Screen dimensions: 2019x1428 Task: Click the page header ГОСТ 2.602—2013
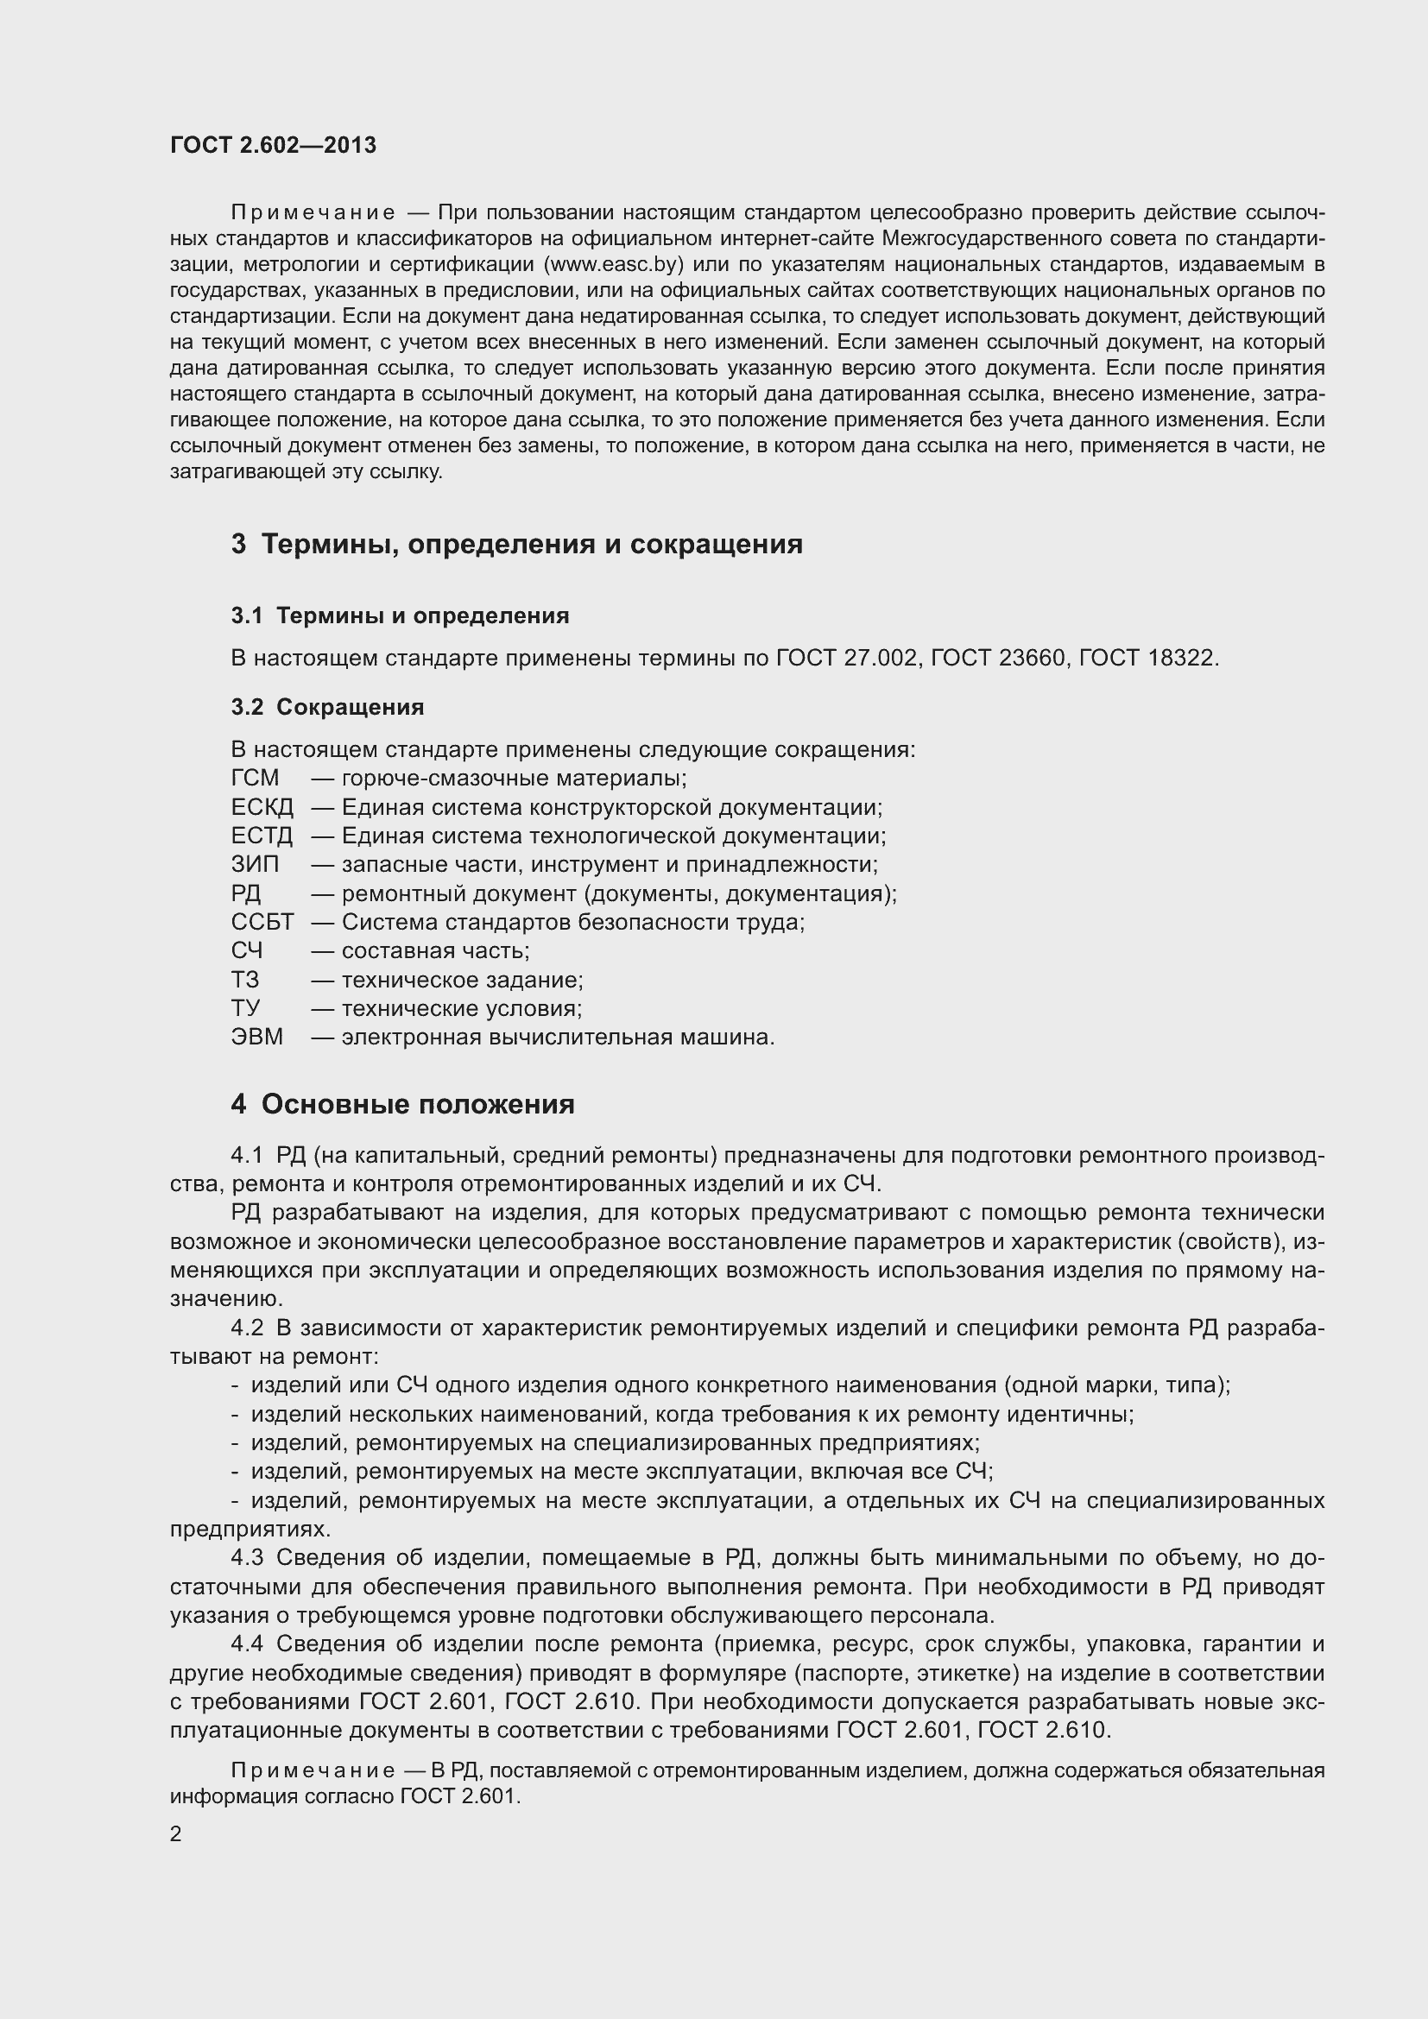pos(274,145)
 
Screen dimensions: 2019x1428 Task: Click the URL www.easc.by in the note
pos(614,265)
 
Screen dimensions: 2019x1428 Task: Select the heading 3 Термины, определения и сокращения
pos(517,545)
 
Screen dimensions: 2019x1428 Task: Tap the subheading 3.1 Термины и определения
pos(400,615)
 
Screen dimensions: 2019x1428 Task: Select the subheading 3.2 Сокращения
pos(327,707)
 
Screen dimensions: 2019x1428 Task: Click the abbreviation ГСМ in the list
pos(255,779)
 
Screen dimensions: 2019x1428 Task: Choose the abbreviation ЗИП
pos(255,864)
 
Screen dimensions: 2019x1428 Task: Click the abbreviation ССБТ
pos(262,923)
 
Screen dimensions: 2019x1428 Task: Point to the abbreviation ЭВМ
pos(256,1037)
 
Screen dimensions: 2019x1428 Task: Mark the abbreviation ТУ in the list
pos(245,1008)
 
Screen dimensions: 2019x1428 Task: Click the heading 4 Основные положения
pos(402,1105)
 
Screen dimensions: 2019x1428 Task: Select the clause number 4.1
pos(247,1156)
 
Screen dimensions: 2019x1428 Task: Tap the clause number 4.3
pos(247,1558)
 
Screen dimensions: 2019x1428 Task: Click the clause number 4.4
pos(247,1644)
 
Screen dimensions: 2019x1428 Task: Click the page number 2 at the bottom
pos(176,1834)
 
